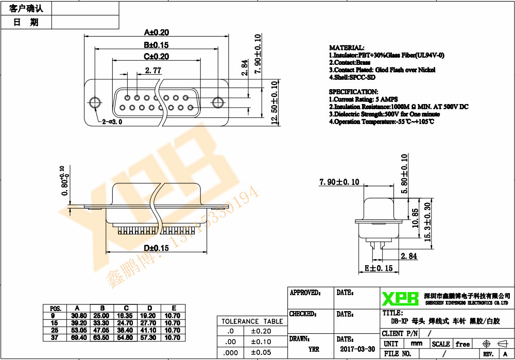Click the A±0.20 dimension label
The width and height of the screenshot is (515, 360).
tap(156, 32)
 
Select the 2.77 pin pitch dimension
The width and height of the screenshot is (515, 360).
tap(153, 70)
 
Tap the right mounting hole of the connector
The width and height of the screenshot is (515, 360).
tap(218, 102)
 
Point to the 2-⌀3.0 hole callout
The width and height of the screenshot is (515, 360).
tap(112, 122)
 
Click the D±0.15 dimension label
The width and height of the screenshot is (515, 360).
tap(156, 248)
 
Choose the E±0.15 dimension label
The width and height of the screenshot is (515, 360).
tap(379, 268)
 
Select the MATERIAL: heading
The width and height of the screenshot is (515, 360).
tap(347, 47)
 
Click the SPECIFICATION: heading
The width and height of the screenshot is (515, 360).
tap(353, 92)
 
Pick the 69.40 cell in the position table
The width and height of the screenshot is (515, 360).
tap(79, 337)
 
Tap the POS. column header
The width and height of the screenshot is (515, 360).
tap(55, 307)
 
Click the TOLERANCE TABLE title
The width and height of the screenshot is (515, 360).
tap(252, 321)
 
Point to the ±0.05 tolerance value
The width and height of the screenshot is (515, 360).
tap(260, 352)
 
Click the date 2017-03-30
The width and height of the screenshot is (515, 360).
tap(357, 349)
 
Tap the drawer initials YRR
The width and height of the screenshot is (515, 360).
tap(314, 349)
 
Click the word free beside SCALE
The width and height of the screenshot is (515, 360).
tap(463, 344)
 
